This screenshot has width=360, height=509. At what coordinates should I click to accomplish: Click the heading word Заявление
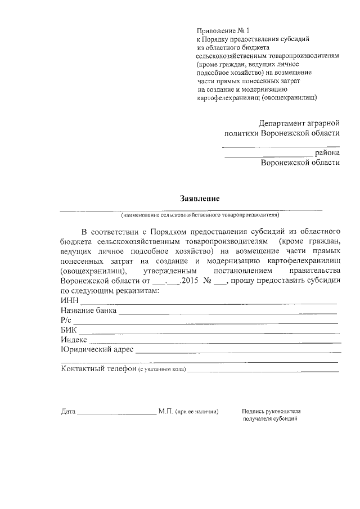[199, 198]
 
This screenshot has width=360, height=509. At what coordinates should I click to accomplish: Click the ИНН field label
[69, 300]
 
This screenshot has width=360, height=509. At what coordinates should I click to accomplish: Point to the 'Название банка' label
[88, 310]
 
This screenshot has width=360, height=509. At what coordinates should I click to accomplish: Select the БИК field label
[69, 330]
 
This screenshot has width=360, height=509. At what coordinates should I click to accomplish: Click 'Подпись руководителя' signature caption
[272, 411]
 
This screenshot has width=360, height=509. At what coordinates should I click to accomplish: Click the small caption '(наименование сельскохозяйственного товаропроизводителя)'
[199, 215]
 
